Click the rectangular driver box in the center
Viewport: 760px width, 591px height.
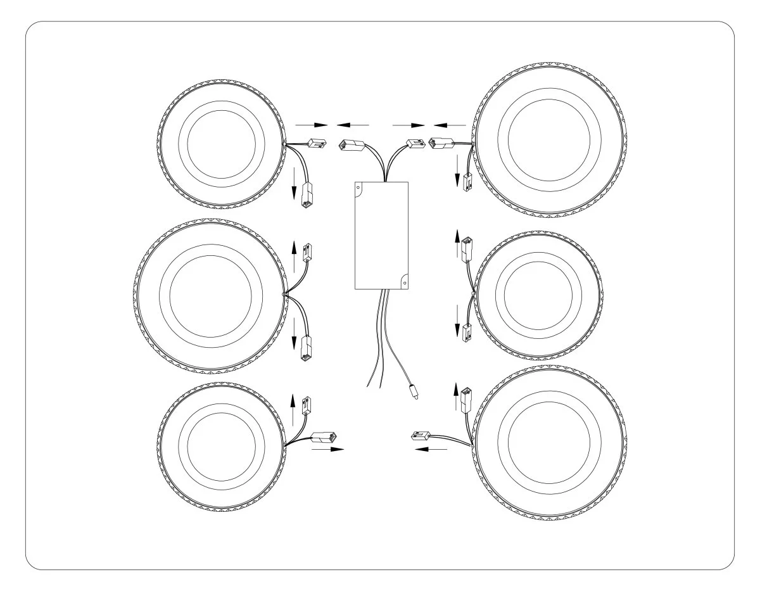tap(381, 234)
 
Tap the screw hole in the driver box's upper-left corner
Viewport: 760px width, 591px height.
tap(358, 187)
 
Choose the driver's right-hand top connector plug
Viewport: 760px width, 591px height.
tap(415, 144)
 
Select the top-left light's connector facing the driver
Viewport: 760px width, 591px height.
tap(315, 144)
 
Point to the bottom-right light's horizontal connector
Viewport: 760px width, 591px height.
tap(421, 435)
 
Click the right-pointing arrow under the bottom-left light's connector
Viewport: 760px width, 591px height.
tap(328, 449)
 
